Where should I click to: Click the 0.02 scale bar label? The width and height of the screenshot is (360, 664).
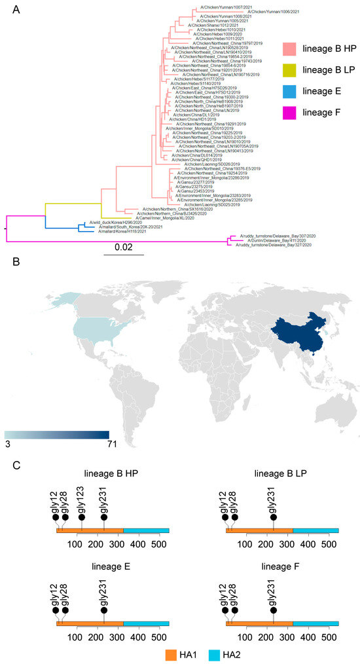124,248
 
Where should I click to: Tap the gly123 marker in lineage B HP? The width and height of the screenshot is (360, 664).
81,516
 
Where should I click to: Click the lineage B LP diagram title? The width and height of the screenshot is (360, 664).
282,473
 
